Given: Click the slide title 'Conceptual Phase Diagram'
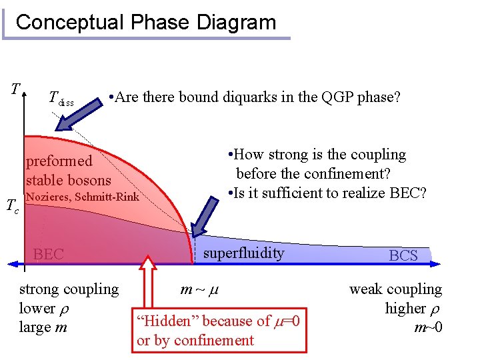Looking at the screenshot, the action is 145,22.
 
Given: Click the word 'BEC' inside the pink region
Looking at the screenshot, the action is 49,254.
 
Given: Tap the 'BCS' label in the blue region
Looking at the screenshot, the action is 403,255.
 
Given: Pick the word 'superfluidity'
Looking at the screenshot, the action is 243,253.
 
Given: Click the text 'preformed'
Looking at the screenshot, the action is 59,161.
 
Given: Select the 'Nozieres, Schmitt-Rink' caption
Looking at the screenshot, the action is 82,197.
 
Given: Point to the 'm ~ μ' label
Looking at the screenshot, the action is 200,289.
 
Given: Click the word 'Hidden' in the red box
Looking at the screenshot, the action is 165,321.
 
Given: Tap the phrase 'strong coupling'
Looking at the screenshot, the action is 69,289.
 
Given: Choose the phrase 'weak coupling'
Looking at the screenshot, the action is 395,289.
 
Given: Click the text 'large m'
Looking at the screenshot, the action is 43,327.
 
